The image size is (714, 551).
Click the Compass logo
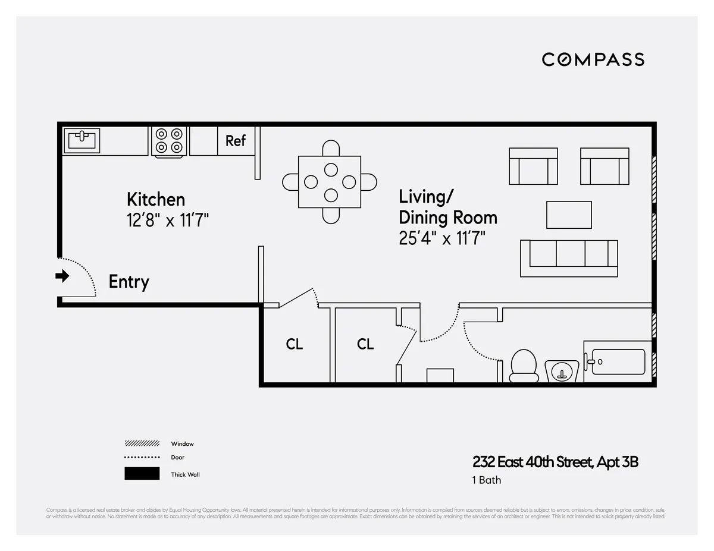[593, 59]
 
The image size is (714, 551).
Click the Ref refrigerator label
[236, 141]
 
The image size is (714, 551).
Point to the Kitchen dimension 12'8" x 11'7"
[167, 221]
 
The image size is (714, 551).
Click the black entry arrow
[62, 276]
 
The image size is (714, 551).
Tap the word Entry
[129, 282]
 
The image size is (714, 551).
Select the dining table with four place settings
[330, 181]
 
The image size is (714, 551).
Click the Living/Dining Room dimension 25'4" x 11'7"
[442, 238]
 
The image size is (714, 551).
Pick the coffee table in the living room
[569, 215]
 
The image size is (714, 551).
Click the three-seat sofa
[569, 257]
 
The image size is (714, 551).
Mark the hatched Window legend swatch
[142, 443]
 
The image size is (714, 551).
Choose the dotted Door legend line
[142, 457]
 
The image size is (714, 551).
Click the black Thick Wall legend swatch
[142, 474]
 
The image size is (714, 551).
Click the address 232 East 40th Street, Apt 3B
[555, 462]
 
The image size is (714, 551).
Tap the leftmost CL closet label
[295, 344]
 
